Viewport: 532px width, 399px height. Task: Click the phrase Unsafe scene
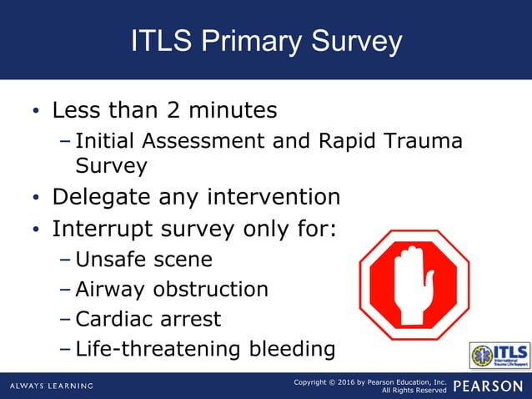pyautogui.click(x=143, y=260)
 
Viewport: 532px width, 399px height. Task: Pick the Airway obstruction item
pyautogui.click(x=172, y=290)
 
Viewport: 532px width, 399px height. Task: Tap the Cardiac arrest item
pyautogui.click(x=148, y=319)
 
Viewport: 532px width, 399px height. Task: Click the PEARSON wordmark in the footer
pyautogui.click(x=490, y=386)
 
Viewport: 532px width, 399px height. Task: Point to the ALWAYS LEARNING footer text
pyautogui.click(x=52, y=386)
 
